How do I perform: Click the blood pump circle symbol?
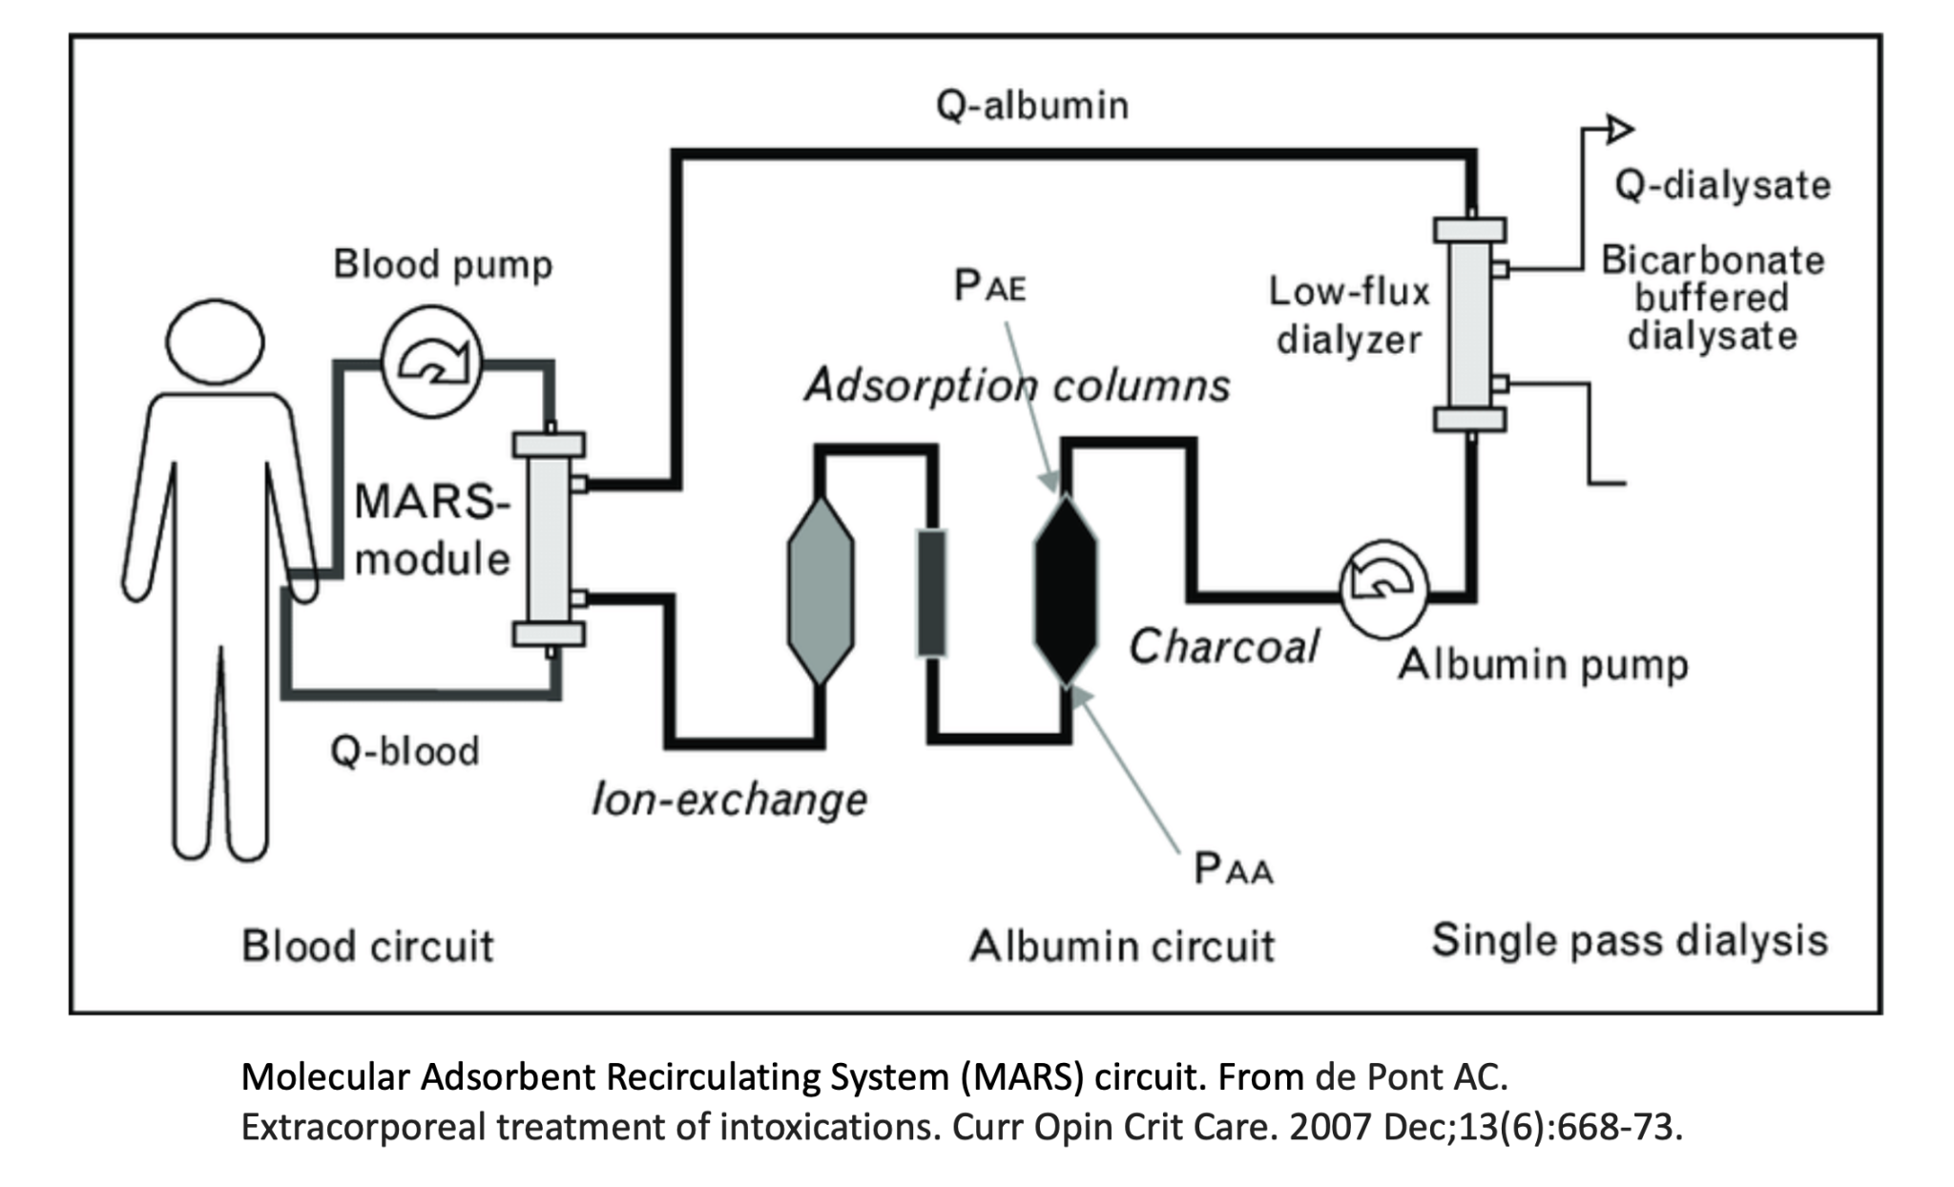[431, 362]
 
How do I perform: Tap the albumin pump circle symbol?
[1382, 589]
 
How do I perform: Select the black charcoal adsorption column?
[1066, 590]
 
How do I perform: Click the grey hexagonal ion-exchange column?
[821, 590]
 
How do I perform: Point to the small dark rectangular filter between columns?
[931, 593]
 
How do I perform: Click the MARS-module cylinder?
[549, 539]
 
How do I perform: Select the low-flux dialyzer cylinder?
[1469, 324]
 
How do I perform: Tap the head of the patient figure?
[215, 341]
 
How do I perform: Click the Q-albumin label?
[1032, 105]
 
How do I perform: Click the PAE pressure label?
[989, 285]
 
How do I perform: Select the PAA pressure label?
[1233, 868]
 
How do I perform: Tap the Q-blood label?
[405, 752]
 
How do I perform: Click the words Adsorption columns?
[1017, 385]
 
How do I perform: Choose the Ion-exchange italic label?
[729, 799]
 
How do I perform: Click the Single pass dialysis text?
[1629, 940]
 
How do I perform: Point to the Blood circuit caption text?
[367, 946]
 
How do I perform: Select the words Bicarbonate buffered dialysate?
[1712, 298]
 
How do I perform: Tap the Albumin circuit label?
[1122, 946]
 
